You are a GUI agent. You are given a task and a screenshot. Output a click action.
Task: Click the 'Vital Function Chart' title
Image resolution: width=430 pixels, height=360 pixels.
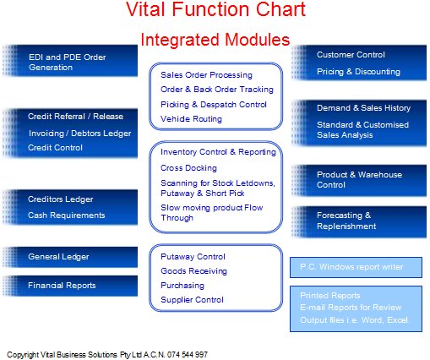[215, 9]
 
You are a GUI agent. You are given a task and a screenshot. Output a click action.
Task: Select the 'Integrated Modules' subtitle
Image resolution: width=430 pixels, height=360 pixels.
[215, 40]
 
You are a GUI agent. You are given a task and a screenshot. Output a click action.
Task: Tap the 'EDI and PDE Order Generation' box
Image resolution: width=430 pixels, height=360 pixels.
[70, 61]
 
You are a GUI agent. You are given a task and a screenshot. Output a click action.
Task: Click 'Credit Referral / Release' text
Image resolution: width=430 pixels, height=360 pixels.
[75, 117]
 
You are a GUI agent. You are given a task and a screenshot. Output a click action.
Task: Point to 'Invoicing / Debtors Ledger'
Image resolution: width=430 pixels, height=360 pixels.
[79, 134]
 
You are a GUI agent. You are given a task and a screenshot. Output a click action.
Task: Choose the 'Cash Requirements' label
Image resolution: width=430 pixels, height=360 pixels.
[67, 215]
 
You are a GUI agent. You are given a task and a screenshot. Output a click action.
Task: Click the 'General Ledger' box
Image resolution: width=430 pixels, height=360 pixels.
[70, 257]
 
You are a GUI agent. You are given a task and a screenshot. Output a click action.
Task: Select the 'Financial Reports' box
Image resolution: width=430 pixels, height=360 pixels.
[70, 286]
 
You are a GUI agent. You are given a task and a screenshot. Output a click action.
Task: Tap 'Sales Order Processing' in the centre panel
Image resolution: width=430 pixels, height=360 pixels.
[206, 75]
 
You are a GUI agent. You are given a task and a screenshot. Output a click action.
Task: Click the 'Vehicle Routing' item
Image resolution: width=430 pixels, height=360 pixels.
[191, 119]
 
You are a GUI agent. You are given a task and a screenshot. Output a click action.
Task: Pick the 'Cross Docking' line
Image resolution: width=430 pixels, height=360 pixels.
[188, 168]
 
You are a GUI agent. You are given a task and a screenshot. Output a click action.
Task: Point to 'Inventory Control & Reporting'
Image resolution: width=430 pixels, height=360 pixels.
[218, 152]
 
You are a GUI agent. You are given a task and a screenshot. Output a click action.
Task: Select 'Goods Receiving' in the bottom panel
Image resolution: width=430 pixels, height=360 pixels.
[193, 271]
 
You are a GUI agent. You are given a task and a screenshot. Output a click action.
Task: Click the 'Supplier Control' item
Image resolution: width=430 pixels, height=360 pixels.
[192, 300]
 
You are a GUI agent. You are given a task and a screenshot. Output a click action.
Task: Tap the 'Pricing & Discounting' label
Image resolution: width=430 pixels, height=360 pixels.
[358, 72]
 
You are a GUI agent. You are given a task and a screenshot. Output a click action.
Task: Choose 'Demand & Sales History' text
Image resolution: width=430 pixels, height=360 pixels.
[363, 108]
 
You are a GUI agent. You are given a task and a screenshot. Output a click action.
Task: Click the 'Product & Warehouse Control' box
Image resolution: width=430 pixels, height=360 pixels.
[359, 180]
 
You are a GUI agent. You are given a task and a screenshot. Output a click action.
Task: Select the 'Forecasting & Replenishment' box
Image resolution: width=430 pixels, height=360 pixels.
[359, 221]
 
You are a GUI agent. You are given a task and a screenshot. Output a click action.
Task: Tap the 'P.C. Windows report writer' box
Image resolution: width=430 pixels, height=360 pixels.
[356, 267]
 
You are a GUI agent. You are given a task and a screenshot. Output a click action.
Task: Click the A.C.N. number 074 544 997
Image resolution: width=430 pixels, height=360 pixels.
[188, 354]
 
